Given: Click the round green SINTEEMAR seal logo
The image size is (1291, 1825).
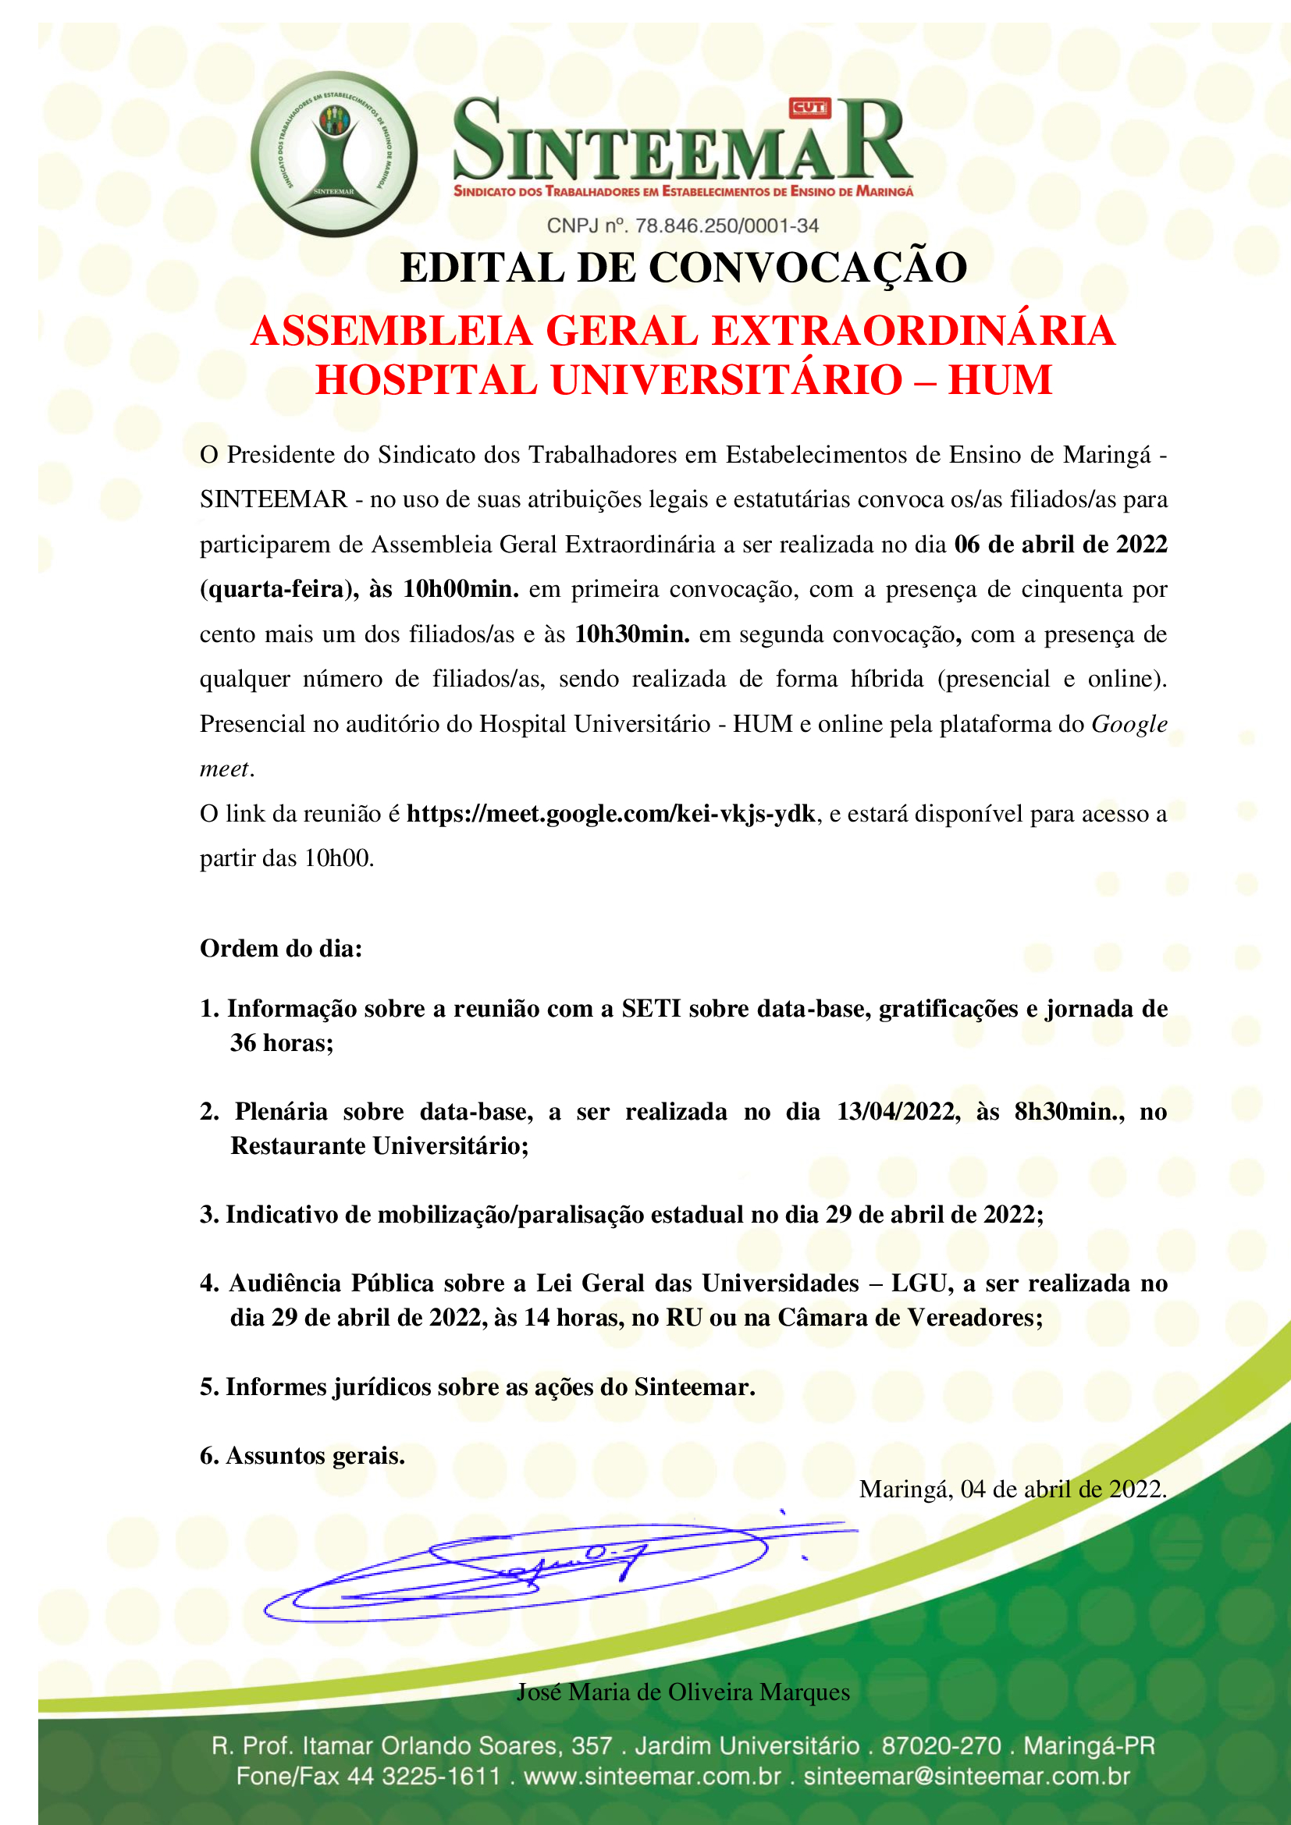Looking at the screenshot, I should tap(334, 154).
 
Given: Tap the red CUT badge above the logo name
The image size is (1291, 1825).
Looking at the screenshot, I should tap(809, 108).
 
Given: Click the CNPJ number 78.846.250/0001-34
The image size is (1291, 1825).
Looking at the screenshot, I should tap(727, 225).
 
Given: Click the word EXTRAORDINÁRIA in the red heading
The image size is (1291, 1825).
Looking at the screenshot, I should tap(912, 332).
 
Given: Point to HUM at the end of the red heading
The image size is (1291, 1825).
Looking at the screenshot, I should tap(1000, 380).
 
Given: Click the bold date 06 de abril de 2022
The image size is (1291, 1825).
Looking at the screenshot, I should tap(1061, 545).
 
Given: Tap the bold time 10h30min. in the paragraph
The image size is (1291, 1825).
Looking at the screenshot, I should tap(632, 634).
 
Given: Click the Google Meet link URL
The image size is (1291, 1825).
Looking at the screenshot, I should tap(610, 814).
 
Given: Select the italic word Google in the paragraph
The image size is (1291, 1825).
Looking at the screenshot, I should tap(1129, 724).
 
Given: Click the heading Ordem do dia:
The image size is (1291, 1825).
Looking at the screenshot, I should tap(281, 948).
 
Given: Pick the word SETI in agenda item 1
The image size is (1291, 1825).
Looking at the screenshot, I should tap(651, 1009).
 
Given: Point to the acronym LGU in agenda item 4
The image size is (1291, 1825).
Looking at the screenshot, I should tap(921, 1284).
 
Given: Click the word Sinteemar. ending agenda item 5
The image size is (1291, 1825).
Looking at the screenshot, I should tap(694, 1387).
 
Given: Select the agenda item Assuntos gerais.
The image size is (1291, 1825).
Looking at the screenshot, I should tap(315, 1455).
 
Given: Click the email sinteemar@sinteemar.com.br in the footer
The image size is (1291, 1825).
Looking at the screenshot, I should tap(966, 1777).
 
